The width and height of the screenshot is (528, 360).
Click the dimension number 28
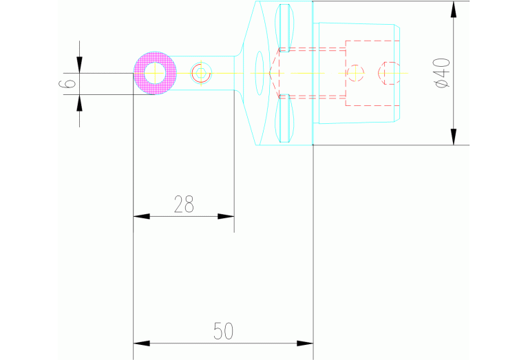point(184,204)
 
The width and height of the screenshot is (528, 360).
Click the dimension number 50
point(223,331)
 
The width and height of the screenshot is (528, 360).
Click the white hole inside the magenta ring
point(154,73)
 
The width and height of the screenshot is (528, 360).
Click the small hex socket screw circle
point(200,73)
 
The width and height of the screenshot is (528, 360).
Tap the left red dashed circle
point(355,73)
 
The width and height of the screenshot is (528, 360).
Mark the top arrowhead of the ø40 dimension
point(453,10)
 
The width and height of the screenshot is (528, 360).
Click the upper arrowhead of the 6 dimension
point(80,65)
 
